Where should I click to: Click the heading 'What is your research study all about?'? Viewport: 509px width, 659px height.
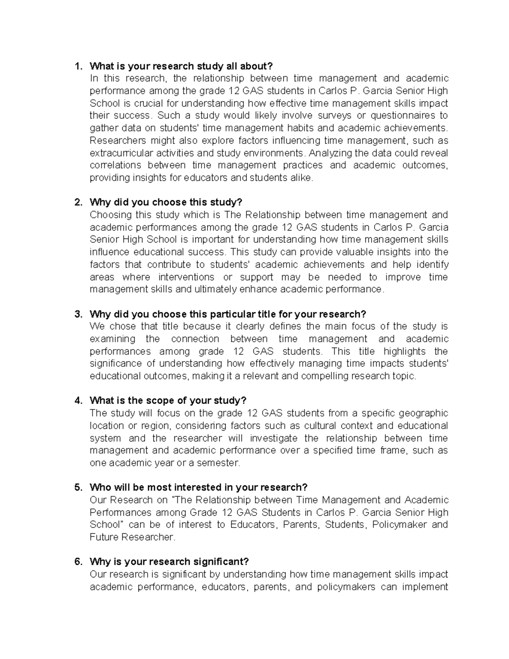pos(181,66)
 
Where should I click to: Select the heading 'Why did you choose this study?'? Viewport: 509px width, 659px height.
pos(166,202)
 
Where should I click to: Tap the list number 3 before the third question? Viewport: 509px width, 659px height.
pos(78,314)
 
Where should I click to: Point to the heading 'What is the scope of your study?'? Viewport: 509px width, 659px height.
pos(168,401)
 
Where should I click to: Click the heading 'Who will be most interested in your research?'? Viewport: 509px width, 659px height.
pos(199,488)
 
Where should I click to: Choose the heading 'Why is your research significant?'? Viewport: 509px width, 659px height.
pos(169,562)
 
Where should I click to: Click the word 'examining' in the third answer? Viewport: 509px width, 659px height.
pos(112,339)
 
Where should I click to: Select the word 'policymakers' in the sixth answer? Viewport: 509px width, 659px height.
pos(346,587)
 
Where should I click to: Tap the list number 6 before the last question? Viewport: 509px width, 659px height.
pos(78,562)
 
